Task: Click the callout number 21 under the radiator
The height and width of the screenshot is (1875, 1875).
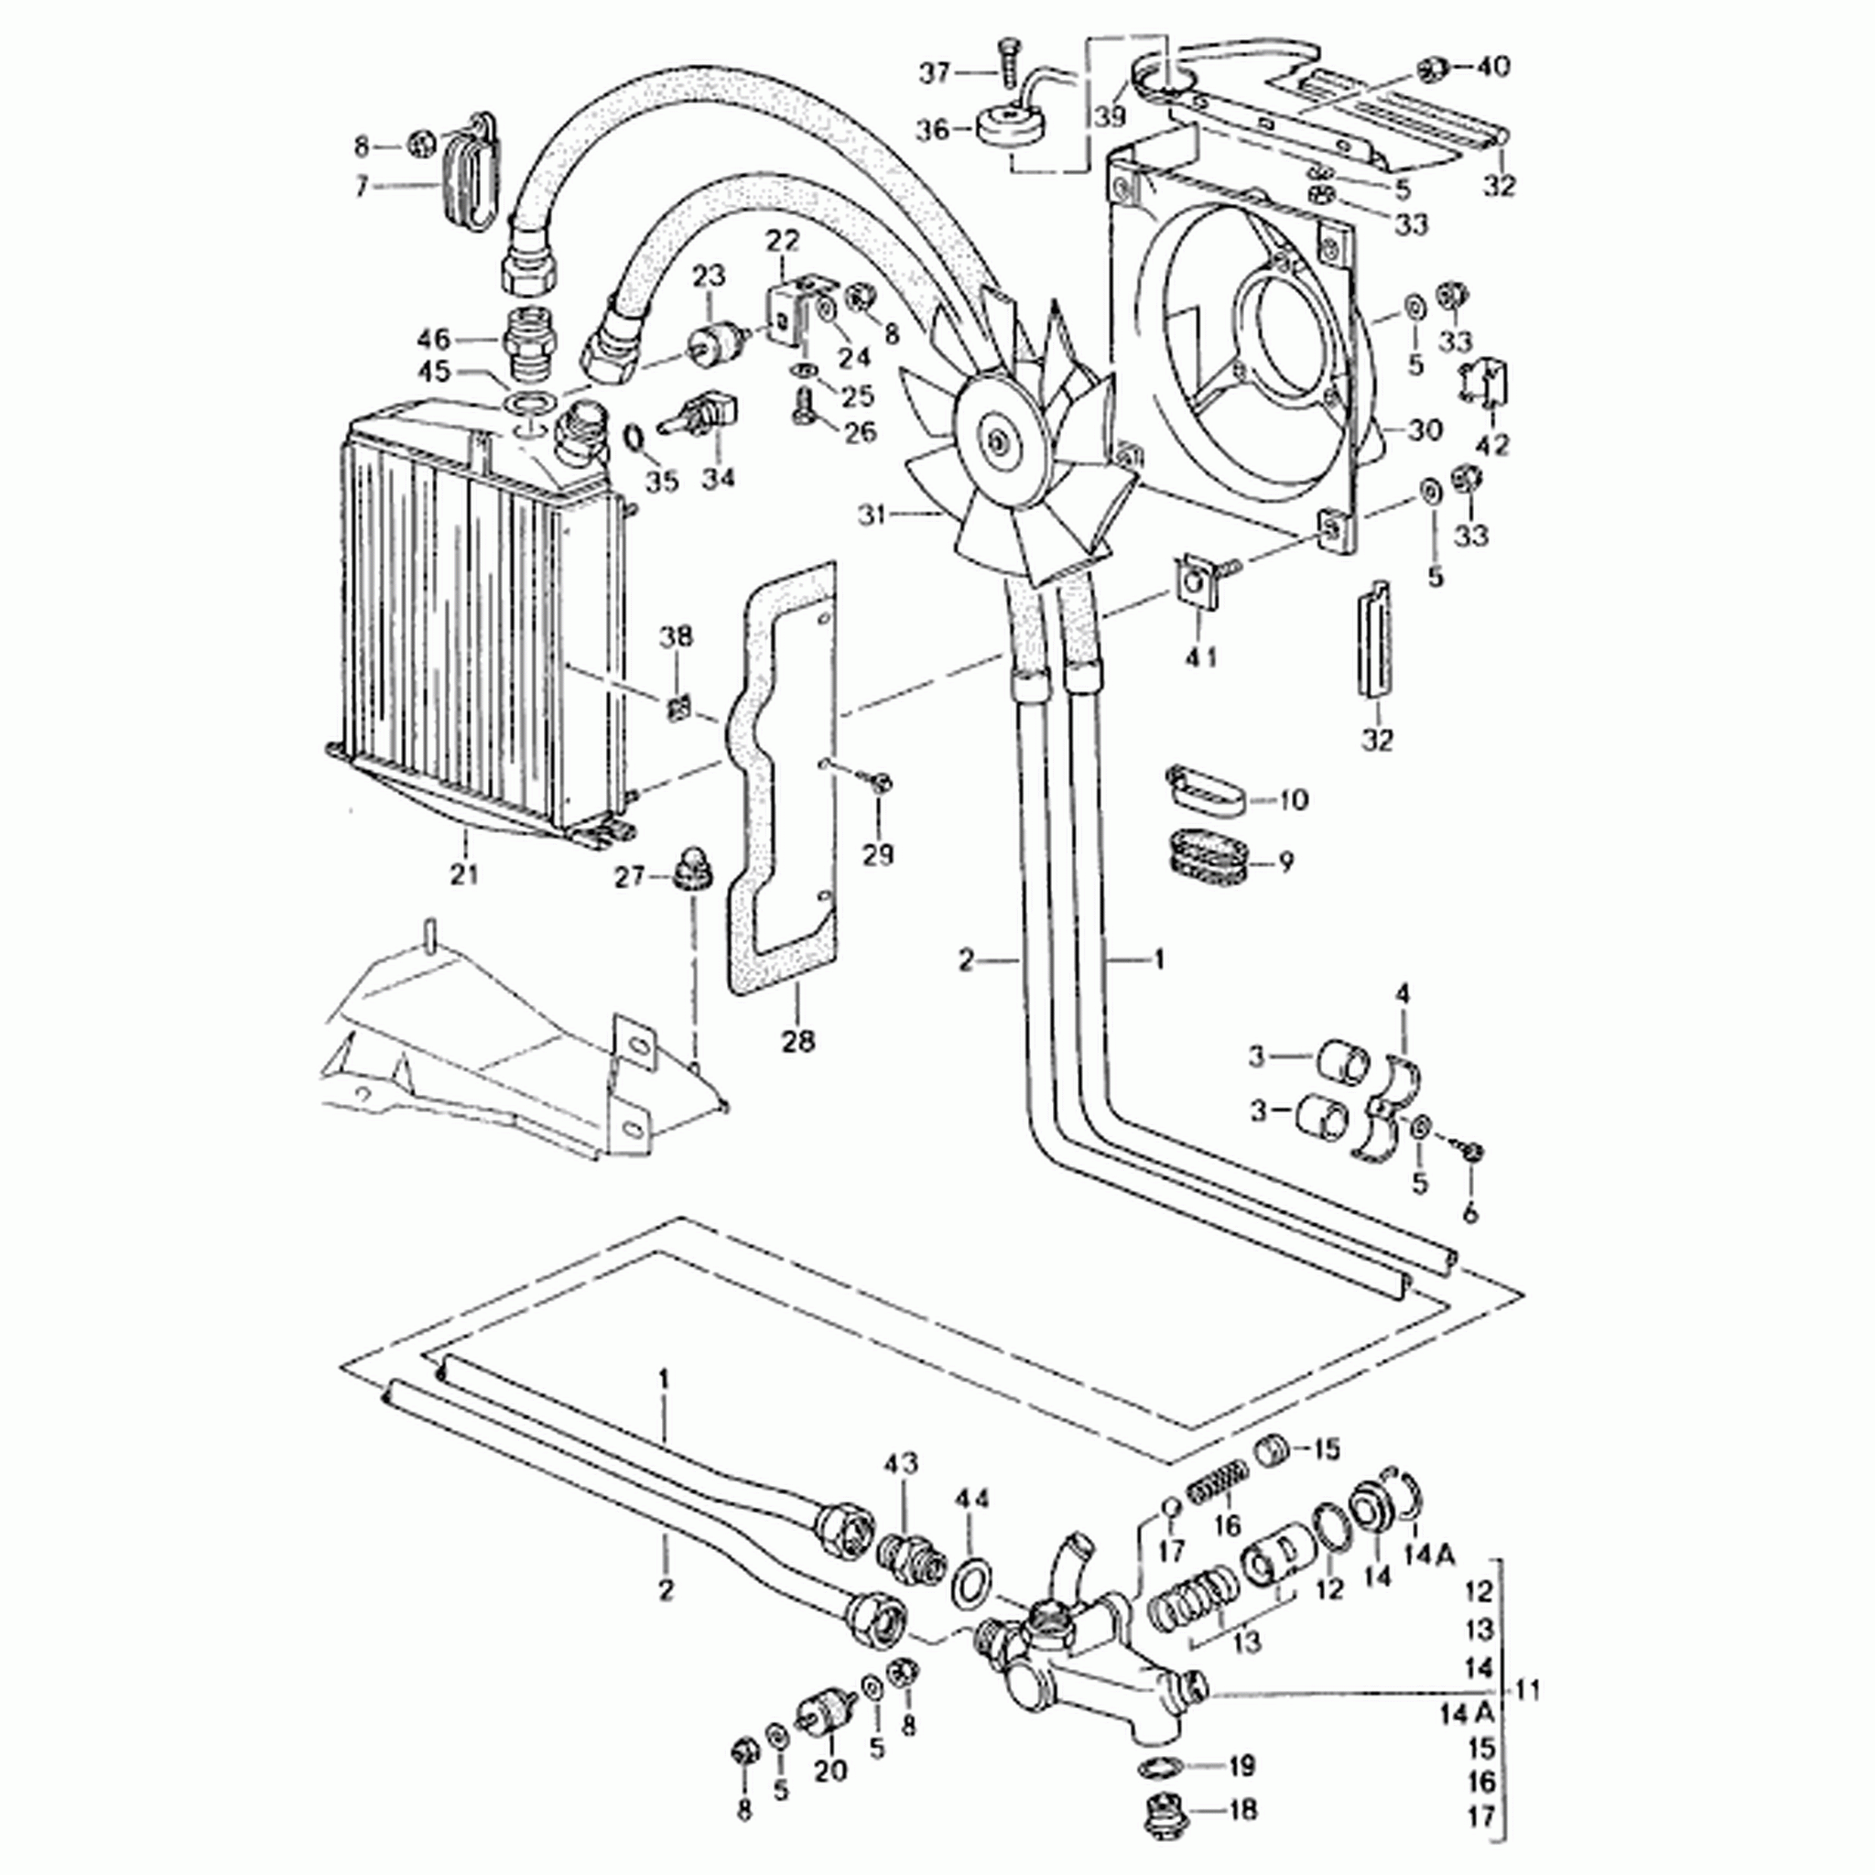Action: click(464, 874)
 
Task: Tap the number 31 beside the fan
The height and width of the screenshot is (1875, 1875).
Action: click(872, 515)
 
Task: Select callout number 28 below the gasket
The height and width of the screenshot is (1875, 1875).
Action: click(797, 1041)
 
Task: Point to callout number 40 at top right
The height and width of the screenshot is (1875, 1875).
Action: click(1492, 67)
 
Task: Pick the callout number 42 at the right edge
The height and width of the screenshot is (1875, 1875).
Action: click(1491, 446)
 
